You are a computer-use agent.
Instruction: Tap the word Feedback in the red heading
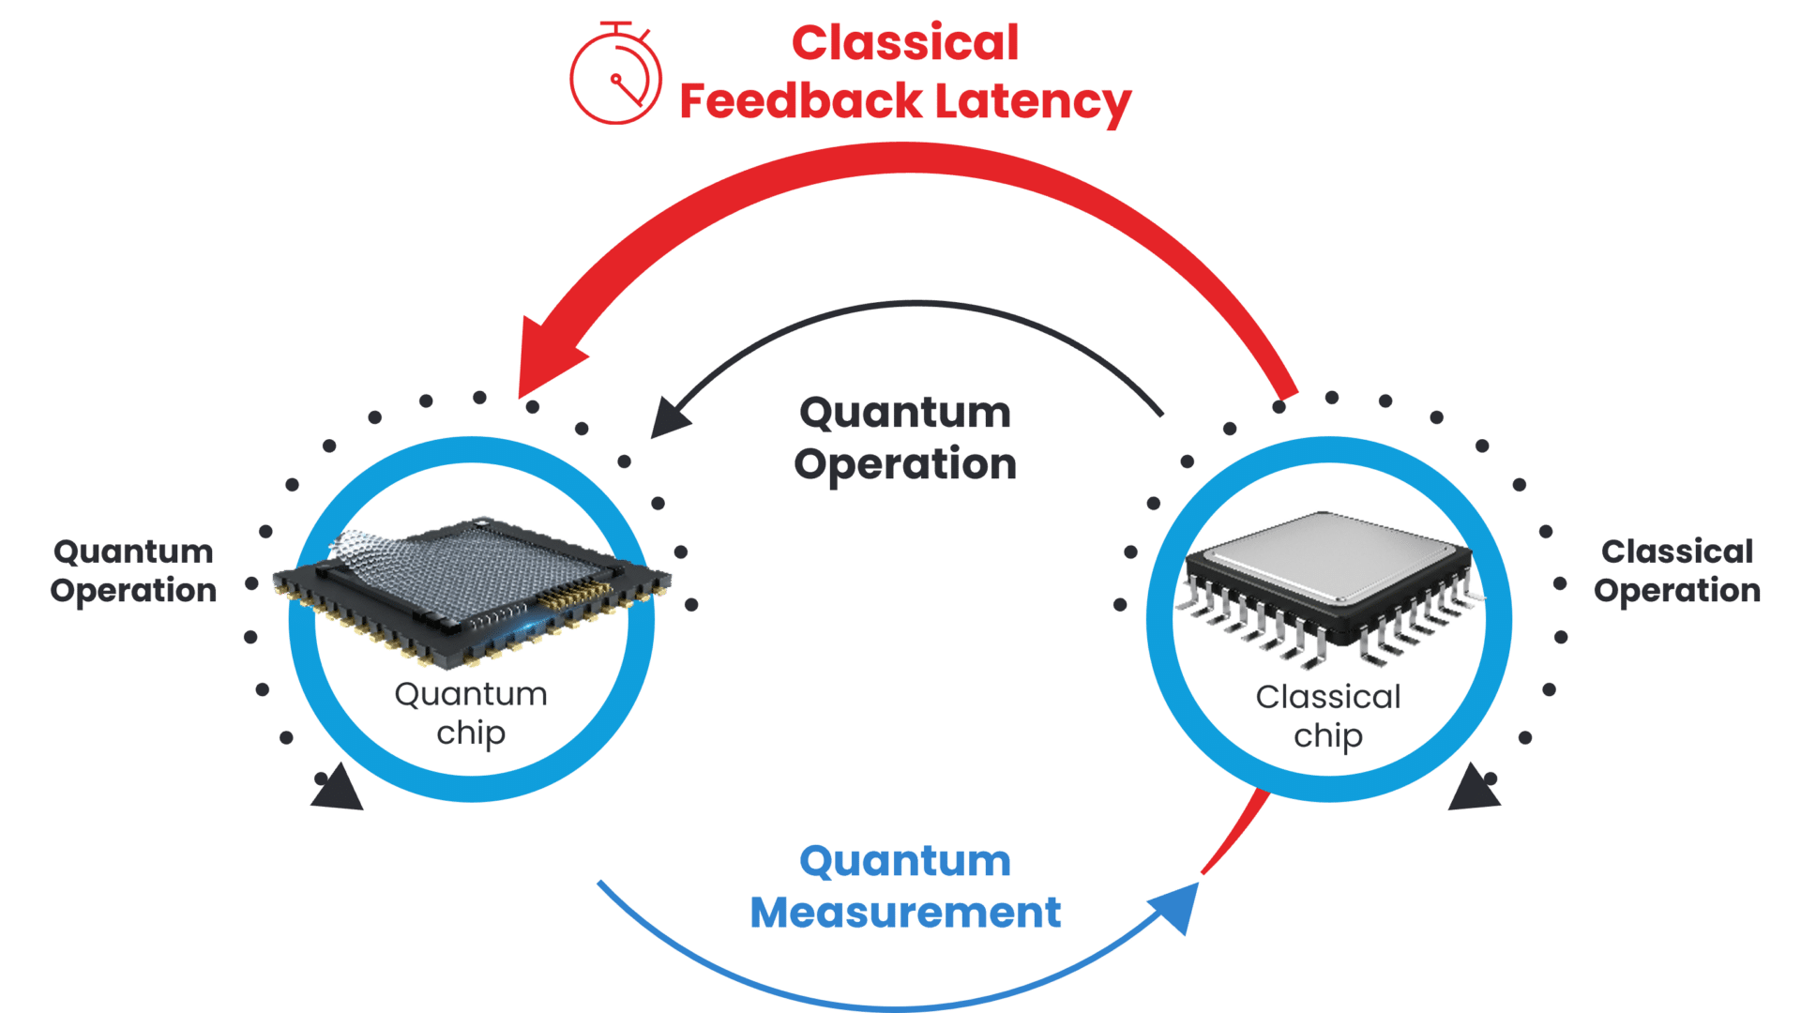pyautogui.click(x=800, y=101)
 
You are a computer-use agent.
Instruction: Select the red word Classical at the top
pyautogui.click(x=905, y=43)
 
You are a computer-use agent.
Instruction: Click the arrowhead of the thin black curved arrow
pyautogui.click(x=670, y=418)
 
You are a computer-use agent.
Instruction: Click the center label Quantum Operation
pyautogui.click(x=905, y=438)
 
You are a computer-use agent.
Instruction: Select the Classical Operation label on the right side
pyautogui.click(x=1677, y=570)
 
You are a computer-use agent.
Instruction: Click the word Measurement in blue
pyautogui.click(x=905, y=913)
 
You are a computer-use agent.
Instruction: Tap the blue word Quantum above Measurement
pyautogui.click(x=905, y=861)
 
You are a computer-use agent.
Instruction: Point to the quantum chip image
pyautogui.click(x=472, y=586)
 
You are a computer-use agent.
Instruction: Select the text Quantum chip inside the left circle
pyautogui.click(x=471, y=713)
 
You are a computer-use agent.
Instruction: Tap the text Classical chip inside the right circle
pyautogui.click(x=1328, y=716)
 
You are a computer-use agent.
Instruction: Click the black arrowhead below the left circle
pyautogui.click(x=338, y=789)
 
